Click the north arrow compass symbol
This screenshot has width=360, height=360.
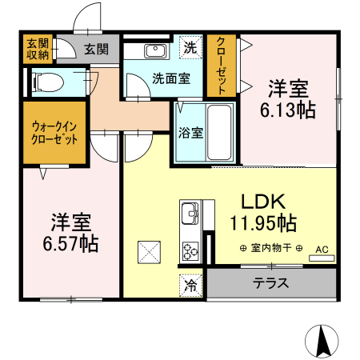tap(323, 342)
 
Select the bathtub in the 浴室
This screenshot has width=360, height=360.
tap(217, 133)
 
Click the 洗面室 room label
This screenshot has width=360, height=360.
tap(170, 78)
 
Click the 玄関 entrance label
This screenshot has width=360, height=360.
tap(96, 49)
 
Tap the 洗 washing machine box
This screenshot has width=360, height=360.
tap(190, 47)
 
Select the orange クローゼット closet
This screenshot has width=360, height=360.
tap(222, 65)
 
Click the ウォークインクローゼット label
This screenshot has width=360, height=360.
tap(55, 133)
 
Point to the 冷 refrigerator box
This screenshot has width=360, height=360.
tap(190, 284)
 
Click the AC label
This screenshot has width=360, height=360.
tap(322, 250)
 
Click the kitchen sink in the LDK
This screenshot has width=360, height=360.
tap(191, 215)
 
